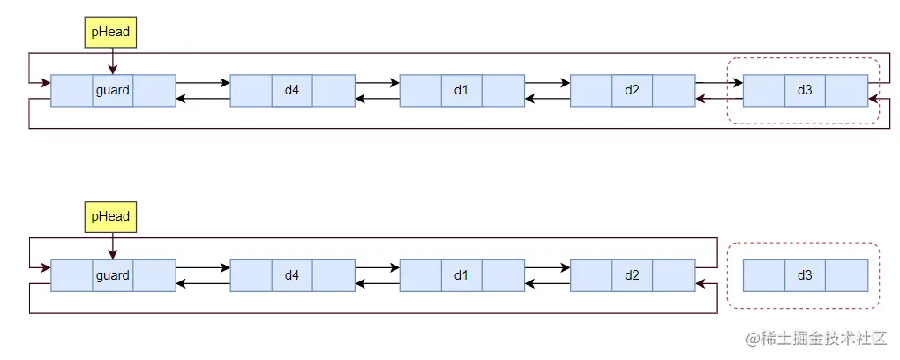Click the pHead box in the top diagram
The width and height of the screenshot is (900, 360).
click(110, 32)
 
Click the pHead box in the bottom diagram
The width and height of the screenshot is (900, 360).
click(110, 216)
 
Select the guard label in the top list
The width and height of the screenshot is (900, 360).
click(113, 90)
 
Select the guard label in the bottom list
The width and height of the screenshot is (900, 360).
click(113, 275)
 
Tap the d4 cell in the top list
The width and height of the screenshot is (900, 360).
click(292, 90)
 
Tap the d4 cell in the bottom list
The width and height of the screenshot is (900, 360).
click(292, 275)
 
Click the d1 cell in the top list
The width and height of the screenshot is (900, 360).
click(461, 90)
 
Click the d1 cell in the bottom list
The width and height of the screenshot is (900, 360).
click(461, 275)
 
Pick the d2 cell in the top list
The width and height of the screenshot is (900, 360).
click(632, 90)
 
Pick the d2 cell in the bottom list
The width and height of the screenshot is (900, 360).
click(632, 275)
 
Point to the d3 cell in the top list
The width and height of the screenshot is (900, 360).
click(805, 90)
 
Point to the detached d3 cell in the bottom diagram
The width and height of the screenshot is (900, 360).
click(805, 275)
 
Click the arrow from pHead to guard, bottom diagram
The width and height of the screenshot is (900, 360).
click(112, 245)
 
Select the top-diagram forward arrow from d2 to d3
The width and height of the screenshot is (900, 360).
click(719, 84)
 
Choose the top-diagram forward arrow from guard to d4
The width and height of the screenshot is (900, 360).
click(203, 84)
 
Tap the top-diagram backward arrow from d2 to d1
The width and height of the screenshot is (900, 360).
click(547, 98)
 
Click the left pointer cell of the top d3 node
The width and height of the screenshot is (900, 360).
click(763, 90)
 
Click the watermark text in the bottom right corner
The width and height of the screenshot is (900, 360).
click(817, 339)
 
